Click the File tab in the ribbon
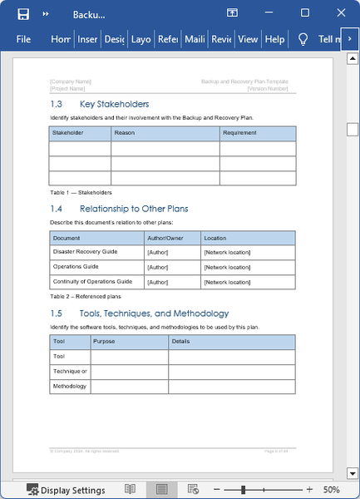tap(23, 39)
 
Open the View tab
tap(248, 39)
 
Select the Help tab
tap(274, 39)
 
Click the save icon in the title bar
tap(23, 13)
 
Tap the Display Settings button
tap(66, 490)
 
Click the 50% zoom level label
tap(330, 490)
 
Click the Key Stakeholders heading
tap(114, 104)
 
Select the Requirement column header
tap(239, 133)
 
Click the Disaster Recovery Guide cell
tap(85, 251)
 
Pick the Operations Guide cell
tap(76, 266)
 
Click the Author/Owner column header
tap(165, 238)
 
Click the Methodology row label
tap(69, 386)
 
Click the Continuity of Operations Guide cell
tap(92, 281)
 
